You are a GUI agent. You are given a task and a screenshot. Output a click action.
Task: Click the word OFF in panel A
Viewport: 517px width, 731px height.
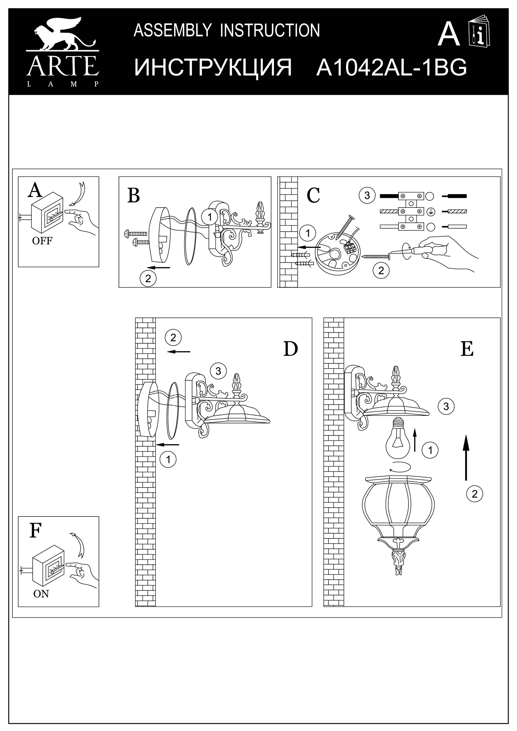(42, 241)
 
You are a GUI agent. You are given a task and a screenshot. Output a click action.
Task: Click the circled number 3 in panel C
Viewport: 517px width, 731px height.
(367, 195)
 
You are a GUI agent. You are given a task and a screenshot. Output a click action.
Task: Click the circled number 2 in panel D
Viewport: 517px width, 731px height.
(173, 338)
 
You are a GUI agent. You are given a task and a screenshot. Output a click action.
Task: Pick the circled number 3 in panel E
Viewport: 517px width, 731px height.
(446, 406)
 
